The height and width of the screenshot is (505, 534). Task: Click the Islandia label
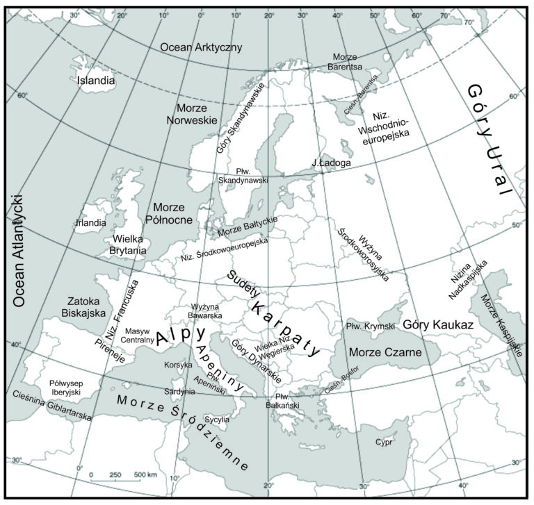tap(97, 80)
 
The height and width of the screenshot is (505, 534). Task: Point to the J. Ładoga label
tap(332, 163)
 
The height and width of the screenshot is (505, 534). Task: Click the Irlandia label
tap(90, 223)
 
